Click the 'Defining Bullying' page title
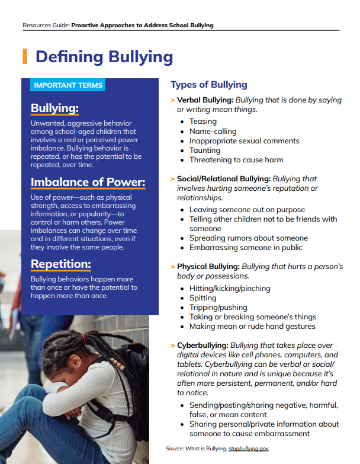(x=104, y=57)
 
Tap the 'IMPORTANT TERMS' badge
(x=68, y=85)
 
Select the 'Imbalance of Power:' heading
(x=88, y=182)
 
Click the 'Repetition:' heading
(x=60, y=264)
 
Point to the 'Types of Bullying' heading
(x=209, y=85)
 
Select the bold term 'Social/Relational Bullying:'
(x=224, y=179)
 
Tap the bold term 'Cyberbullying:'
(x=202, y=345)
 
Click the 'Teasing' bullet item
(x=203, y=121)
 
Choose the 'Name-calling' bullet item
(x=213, y=131)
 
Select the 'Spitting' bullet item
(x=203, y=298)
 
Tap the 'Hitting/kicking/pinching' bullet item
(x=230, y=289)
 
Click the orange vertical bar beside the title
(x=25, y=56)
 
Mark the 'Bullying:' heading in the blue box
(x=54, y=108)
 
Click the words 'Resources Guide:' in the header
(x=46, y=25)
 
